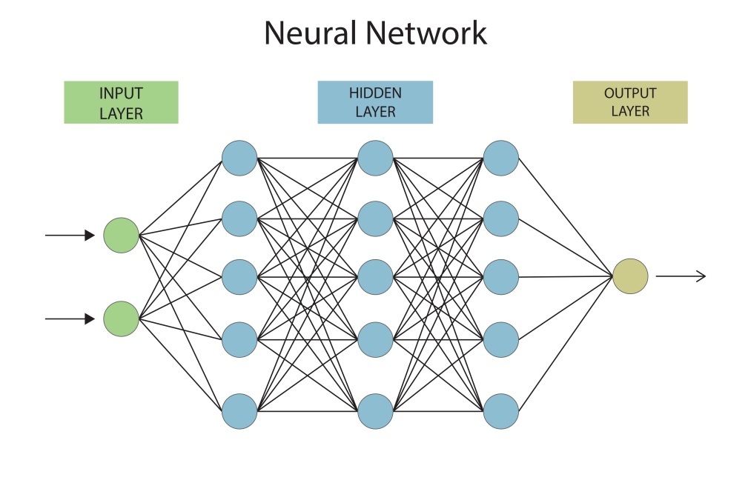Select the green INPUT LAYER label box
point(121,102)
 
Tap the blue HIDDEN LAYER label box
point(375,102)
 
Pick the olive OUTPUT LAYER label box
point(630,102)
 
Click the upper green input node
point(121,236)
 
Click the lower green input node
point(121,319)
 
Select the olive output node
point(630,276)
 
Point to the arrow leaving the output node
point(681,276)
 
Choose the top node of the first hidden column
point(239,159)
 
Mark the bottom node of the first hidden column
point(239,411)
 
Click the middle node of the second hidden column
point(375,277)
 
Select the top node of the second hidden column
point(375,159)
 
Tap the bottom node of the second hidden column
point(375,411)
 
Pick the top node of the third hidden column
point(501,159)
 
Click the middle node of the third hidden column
point(501,277)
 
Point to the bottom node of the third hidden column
point(501,411)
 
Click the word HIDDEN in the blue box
point(375,93)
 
